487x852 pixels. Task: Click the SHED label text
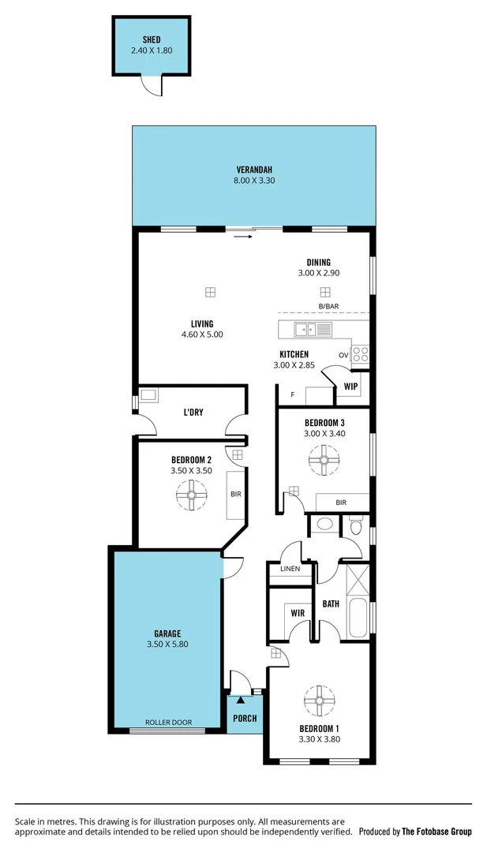(x=152, y=39)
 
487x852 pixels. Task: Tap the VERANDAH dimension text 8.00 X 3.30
(x=255, y=181)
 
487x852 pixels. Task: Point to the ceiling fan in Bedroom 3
(x=323, y=459)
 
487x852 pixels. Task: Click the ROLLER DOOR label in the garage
(x=168, y=722)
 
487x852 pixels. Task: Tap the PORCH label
(x=244, y=719)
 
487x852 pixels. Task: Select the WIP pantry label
(x=351, y=387)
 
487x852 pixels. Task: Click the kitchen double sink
(x=305, y=329)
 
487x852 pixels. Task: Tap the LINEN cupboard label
(x=290, y=569)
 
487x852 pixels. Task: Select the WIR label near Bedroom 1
(x=298, y=612)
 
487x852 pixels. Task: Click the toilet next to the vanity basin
(x=356, y=525)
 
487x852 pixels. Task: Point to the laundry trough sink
(x=149, y=395)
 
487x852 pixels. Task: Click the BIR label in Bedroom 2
(x=235, y=495)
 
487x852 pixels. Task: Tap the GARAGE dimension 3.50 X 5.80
(x=167, y=644)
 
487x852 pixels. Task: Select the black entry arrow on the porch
(x=241, y=699)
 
